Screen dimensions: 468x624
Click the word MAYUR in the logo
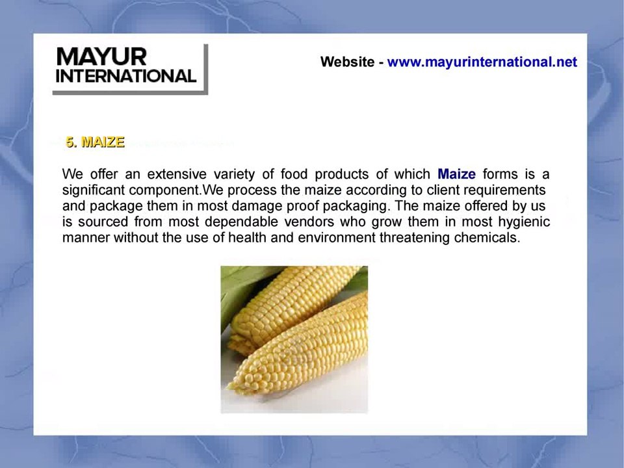(101, 57)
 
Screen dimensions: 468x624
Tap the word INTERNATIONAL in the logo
(126, 76)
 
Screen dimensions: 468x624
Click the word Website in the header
(347, 62)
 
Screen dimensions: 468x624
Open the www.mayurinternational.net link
(482, 62)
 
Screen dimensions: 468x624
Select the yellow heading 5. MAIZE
(95, 142)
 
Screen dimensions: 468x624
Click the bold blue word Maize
(456, 174)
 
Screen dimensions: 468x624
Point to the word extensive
(177, 174)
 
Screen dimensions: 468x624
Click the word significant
(94, 190)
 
